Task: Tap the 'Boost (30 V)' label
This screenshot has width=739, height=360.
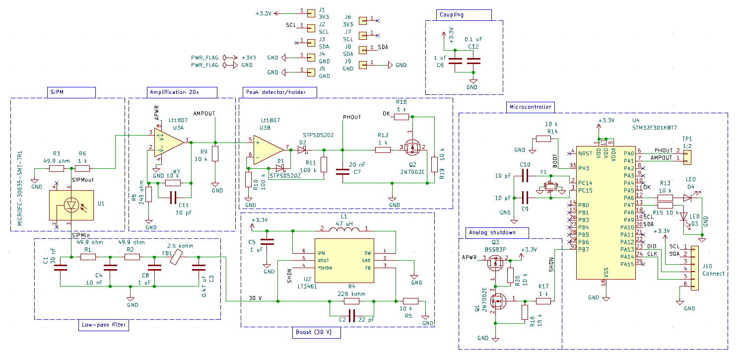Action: (x=317, y=333)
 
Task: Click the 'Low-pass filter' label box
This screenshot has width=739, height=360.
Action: (x=104, y=326)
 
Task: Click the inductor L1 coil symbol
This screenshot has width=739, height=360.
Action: (x=344, y=229)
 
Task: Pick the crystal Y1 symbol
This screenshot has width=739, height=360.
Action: (x=549, y=188)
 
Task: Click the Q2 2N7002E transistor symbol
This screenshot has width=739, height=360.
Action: (x=412, y=147)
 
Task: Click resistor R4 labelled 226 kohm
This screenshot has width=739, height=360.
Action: (x=351, y=301)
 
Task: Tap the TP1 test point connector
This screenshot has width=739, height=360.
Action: (x=687, y=157)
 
